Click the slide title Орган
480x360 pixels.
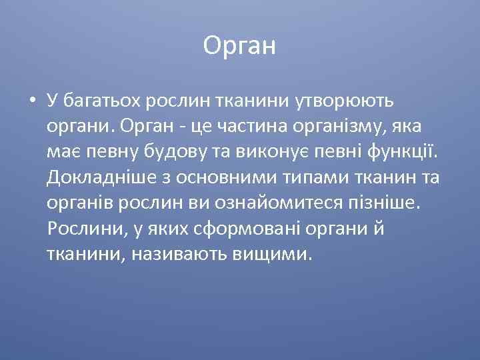[x=239, y=46]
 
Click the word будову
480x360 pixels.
[x=165, y=152]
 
